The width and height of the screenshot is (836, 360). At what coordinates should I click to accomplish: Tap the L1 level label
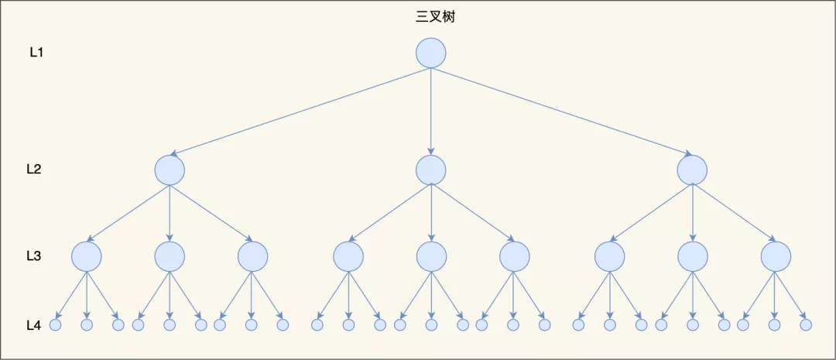click(36, 53)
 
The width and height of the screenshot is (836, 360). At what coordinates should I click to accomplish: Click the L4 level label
click(33, 325)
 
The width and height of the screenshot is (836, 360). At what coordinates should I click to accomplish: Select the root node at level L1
click(431, 53)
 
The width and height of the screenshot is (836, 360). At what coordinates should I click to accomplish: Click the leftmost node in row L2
click(170, 170)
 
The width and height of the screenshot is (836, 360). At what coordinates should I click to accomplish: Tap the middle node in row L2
click(431, 170)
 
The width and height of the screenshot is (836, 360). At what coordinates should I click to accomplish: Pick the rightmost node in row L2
click(692, 170)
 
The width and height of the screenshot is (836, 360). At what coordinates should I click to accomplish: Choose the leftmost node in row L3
click(87, 255)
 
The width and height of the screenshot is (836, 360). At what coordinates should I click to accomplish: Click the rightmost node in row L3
click(776, 255)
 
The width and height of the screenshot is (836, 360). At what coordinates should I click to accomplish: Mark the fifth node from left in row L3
click(431, 255)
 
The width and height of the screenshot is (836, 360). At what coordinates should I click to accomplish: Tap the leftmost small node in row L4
click(55, 325)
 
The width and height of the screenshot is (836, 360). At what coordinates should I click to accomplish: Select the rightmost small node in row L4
click(807, 325)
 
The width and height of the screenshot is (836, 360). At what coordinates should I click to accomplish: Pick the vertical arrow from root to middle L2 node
click(431, 111)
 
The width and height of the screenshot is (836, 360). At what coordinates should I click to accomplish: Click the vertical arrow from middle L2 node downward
click(431, 213)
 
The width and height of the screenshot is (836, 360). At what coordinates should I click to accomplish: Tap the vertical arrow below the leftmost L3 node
click(87, 294)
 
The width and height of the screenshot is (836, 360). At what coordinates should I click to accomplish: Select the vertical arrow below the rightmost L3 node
click(776, 294)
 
